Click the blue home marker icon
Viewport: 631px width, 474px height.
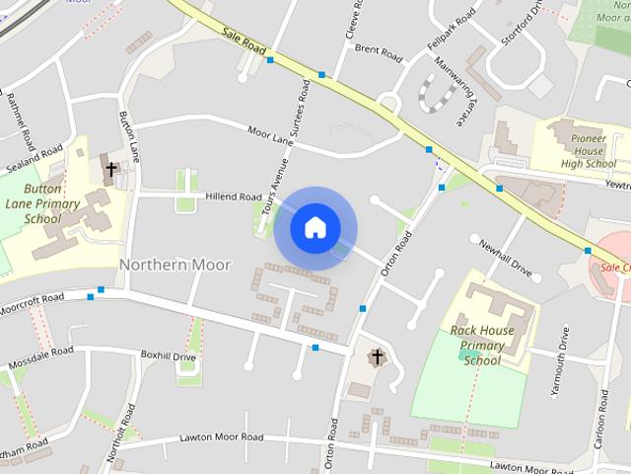[x=315, y=227]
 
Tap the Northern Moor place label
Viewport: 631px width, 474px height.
[x=175, y=265]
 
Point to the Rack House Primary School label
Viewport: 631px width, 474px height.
[x=482, y=345]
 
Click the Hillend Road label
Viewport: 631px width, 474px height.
[x=233, y=197]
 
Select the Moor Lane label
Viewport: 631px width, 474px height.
[x=271, y=134]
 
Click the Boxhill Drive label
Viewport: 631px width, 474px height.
[x=169, y=355]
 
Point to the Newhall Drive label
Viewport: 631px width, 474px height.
[x=505, y=257]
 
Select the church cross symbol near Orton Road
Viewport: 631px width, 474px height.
[x=375, y=355]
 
